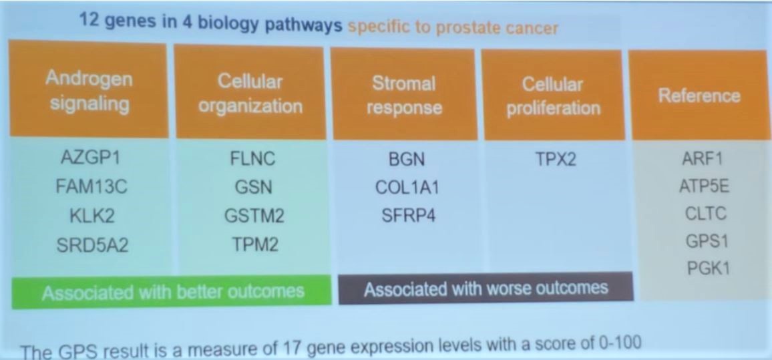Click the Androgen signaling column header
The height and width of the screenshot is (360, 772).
point(89,89)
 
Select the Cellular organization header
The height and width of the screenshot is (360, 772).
point(250,93)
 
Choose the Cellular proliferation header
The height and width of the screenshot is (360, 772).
point(554,95)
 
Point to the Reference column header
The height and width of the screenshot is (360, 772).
point(699,95)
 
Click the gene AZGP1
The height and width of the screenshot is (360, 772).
point(91,158)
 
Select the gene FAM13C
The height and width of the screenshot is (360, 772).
point(92,187)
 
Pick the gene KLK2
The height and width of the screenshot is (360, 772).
point(91,216)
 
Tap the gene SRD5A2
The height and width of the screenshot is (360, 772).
point(92,244)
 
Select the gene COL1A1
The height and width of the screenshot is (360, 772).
point(406,188)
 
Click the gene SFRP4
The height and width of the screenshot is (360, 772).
point(408,216)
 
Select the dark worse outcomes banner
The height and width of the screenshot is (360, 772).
point(486,288)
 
